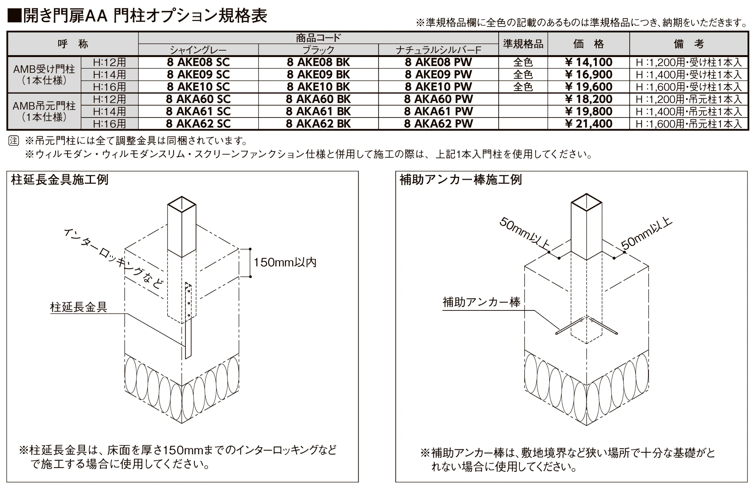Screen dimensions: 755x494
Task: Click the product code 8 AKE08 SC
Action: pos(198,62)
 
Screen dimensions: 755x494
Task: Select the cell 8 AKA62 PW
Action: pos(438,124)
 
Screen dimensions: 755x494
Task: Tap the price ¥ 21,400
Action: pos(589,124)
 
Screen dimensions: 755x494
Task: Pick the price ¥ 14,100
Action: pos(589,62)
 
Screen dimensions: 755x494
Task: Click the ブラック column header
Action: pos(318,50)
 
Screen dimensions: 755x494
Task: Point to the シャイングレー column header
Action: pos(198,50)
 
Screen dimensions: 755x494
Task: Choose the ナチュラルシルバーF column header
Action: pos(438,50)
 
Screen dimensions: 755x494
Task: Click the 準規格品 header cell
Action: pos(523,44)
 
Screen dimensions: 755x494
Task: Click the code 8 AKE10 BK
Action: pos(318,87)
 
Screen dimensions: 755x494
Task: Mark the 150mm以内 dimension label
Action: pos(285,262)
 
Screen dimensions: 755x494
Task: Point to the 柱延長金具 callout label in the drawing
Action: pos(79,307)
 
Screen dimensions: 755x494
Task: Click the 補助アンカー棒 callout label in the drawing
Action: pos(481,302)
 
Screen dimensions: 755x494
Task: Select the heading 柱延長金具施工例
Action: pos(60,180)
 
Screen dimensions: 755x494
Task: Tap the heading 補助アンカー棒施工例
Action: pos(461,180)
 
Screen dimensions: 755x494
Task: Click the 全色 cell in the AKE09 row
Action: pos(523,75)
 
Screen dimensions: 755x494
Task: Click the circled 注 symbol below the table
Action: pos(14,141)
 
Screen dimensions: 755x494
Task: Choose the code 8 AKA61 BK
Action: pos(318,111)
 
